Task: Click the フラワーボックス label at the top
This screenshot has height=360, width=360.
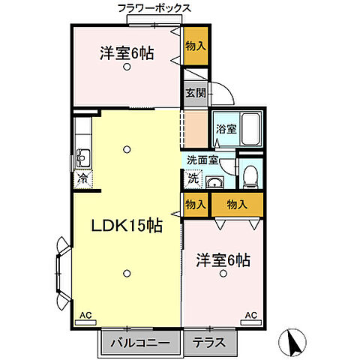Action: point(154,8)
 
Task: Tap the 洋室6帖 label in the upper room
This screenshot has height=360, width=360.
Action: point(127,53)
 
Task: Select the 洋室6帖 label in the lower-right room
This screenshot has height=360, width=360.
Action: point(223,260)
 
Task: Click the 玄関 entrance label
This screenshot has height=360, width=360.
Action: point(195,93)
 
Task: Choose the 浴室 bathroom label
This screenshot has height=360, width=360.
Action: point(226,128)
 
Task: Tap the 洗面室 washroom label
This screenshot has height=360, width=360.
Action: point(202,160)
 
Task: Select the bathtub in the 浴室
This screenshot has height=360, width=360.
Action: point(252,128)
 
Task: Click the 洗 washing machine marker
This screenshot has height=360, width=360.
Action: point(193,180)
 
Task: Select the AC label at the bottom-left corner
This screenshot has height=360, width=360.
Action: point(85,315)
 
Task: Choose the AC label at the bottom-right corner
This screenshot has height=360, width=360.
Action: point(250,315)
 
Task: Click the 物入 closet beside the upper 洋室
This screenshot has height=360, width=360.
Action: point(196,46)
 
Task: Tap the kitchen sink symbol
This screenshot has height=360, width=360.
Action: point(82,158)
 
